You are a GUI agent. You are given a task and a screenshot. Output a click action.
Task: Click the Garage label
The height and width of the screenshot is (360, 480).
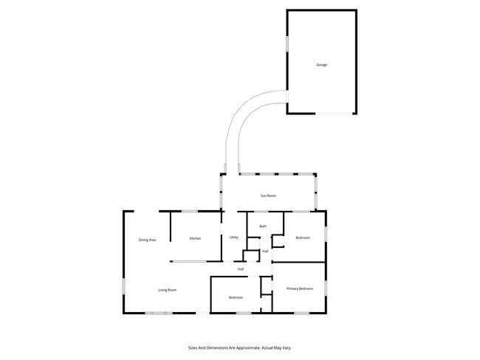coord(322,65)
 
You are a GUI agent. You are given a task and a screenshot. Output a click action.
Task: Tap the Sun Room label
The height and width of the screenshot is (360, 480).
coord(267,195)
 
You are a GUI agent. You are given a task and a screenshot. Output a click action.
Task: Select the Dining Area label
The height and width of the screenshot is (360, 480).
coord(147,240)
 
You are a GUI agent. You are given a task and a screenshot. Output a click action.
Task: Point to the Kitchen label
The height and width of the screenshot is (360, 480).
coord(195,238)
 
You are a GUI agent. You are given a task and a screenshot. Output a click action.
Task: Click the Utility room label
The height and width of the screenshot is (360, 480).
coord(233,238)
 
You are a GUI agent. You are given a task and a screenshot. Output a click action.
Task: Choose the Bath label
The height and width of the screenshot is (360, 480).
coord(262,226)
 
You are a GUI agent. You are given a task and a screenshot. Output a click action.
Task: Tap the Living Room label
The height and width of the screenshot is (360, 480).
coord(167,290)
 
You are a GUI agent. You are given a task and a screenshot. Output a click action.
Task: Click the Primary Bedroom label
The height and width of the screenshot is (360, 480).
coord(300,288)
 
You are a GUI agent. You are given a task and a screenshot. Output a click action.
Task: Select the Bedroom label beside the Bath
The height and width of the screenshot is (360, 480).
coord(303,238)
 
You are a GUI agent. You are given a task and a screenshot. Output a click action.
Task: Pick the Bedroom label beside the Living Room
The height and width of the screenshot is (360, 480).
coord(236,297)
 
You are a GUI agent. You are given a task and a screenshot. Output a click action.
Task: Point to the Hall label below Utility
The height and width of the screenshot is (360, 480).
coord(241,269)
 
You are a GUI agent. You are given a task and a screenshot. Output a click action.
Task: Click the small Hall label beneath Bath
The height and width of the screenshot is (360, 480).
coord(265,252)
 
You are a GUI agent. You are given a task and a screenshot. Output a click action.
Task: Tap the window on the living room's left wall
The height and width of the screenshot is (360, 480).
coord(123,288)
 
